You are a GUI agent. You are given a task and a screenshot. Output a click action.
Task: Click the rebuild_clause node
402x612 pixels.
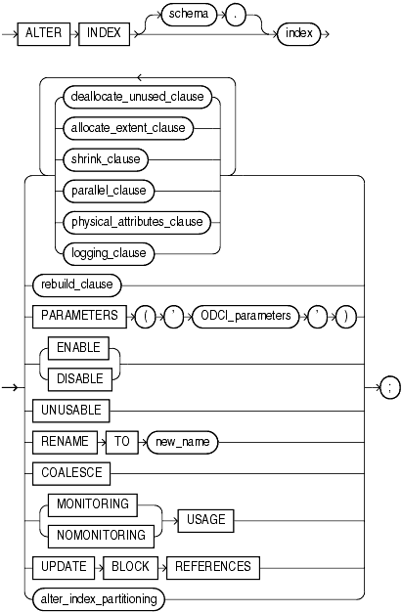pyautogui.click(x=71, y=285)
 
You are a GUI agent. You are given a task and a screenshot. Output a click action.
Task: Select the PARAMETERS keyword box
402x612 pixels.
pyautogui.click(x=79, y=317)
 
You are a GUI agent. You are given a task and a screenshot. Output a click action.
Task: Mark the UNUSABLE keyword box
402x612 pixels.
pyautogui.click(x=71, y=410)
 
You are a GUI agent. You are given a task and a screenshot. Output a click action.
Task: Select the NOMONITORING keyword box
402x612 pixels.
pyautogui.click(x=91, y=536)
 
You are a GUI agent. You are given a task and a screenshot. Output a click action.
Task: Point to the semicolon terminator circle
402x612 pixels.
pyautogui.click(x=388, y=388)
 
